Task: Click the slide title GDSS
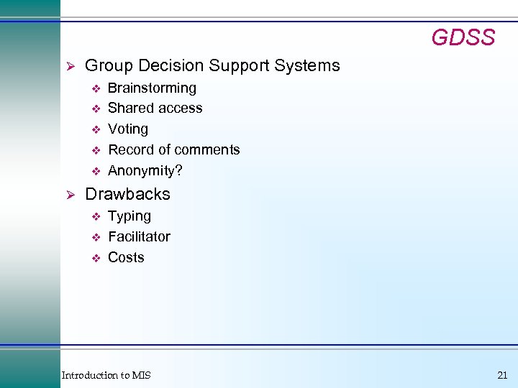[463, 37]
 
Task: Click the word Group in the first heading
[106, 66]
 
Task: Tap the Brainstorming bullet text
[152, 88]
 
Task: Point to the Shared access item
[155, 108]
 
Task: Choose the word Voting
[128, 129]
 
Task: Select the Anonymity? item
[145, 171]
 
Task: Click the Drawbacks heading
[127, 194]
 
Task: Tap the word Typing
[129, 216]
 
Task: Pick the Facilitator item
[139, 236]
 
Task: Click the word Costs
[126, 257]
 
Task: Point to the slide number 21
[501, 375]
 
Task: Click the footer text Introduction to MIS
[106, 375]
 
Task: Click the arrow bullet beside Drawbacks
[71, 195]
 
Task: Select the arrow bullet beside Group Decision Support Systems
[71, 66]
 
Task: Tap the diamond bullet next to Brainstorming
[94, 89]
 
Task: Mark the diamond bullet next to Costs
[94, 258]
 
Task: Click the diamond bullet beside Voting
[94, 130]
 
